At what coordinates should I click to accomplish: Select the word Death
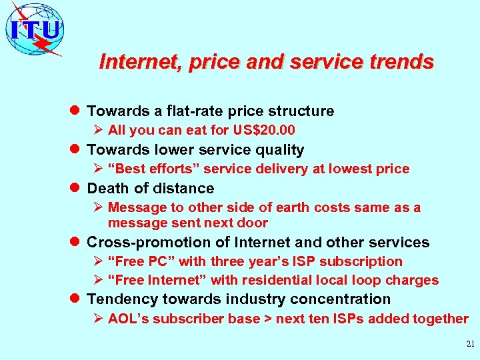pyautogui.click(x=109, y=188)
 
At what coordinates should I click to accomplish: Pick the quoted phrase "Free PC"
pyautogui.click(x=137, y=261)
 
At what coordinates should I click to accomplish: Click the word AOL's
pyautogui.click(x=129, y=319)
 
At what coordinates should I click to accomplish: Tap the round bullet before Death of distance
pyautogui.click(x=75, y=188)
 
